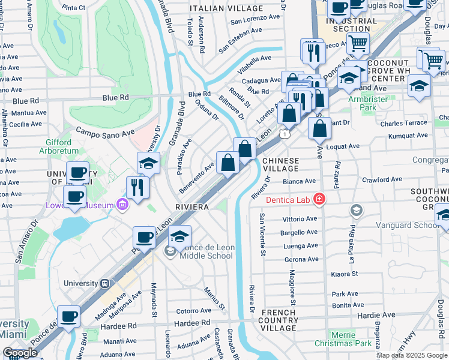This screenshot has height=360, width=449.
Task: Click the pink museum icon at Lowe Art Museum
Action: coord(122,205)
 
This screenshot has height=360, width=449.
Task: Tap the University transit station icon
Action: coord(104,283)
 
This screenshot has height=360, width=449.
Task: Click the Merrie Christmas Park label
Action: coord(350,339)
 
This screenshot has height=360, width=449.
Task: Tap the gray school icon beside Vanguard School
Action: coord(357,210)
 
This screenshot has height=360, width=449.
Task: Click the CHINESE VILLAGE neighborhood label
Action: coord(280,165)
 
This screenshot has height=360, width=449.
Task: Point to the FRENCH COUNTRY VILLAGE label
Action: coord(279,320)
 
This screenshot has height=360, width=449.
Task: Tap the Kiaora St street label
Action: coord(344,274)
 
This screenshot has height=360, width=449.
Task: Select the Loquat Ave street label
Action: coord(342,146)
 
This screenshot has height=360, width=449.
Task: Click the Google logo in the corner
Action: coord(20,353)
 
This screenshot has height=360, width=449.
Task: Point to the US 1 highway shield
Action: coord(288,135)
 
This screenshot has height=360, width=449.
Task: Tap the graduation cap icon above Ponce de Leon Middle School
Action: coord(179,236)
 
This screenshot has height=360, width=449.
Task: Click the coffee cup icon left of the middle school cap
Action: coord(144,237)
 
